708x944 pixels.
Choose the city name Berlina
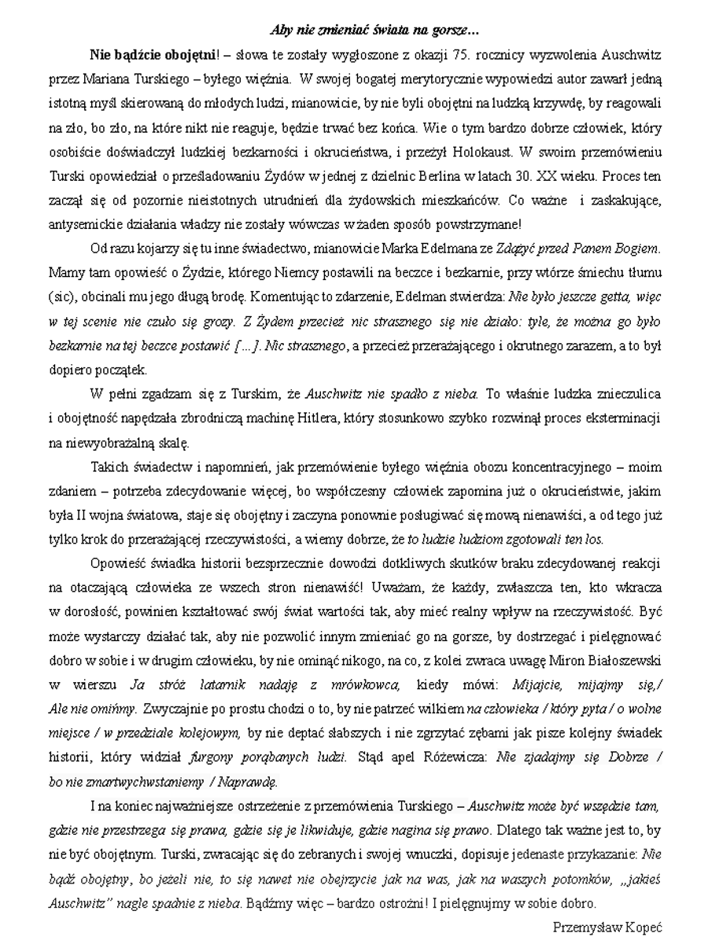[x=400, y=168]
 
